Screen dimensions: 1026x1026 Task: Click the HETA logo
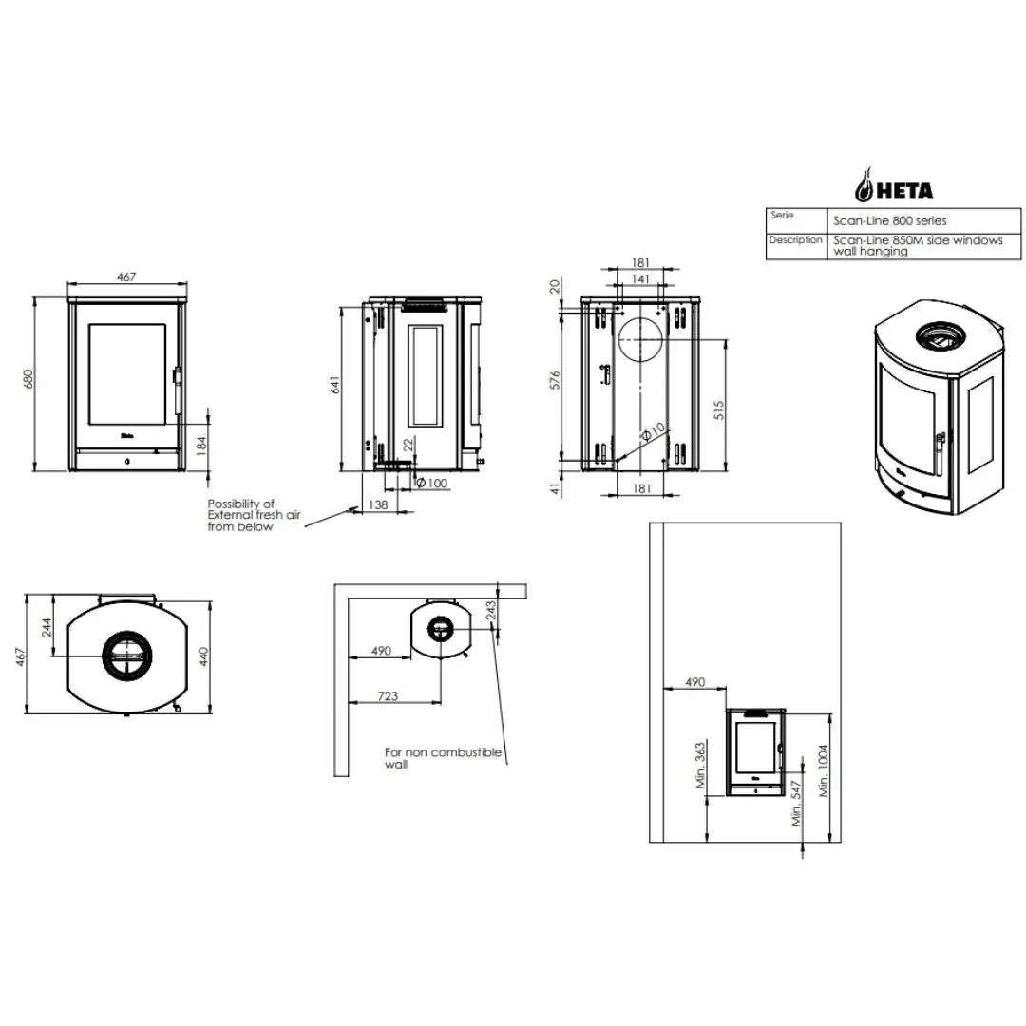pyautogui.click(x=895, y=185)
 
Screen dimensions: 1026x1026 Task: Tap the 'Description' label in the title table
pyautogui.click(x=795, y=240)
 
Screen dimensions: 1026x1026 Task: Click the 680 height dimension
pyautogui.click(x=28, y=379)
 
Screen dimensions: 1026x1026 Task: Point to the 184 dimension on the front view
pyautogui.click(x=201, y=446)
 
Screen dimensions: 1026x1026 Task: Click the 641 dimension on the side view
pyautogui.click(x=335, y=385)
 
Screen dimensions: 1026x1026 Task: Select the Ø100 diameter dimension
pyautogui.click(x=432, y=483)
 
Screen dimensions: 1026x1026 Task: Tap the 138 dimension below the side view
pyautogui.click(x=377, y=504)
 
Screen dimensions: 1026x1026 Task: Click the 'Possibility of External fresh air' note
pyautogui.click(x=254, y=515)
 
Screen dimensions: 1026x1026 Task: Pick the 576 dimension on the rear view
pyautogui.click(x=555, y=380)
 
